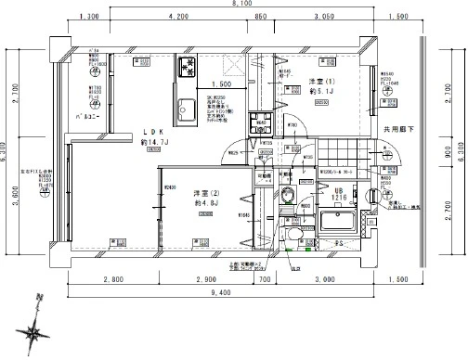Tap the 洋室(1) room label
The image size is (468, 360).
click(x=320, y=82)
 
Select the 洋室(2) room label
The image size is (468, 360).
click(x=206, y=195)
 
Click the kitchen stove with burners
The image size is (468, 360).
click(x=186, y=67)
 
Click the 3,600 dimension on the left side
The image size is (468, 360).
click(x=16, y=199)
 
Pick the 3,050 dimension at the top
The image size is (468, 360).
click(x=324, y=18)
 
